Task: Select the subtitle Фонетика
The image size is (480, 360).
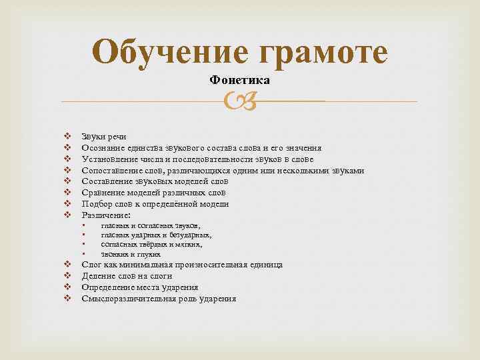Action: pos(239,80)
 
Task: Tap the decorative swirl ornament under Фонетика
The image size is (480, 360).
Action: pos(239,101)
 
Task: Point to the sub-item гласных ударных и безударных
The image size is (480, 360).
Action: pos(157,235)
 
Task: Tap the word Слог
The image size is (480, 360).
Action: pos(92,265)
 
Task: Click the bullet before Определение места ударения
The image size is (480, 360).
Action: pos(67,287)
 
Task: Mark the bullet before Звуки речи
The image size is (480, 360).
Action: pos(67,137)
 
